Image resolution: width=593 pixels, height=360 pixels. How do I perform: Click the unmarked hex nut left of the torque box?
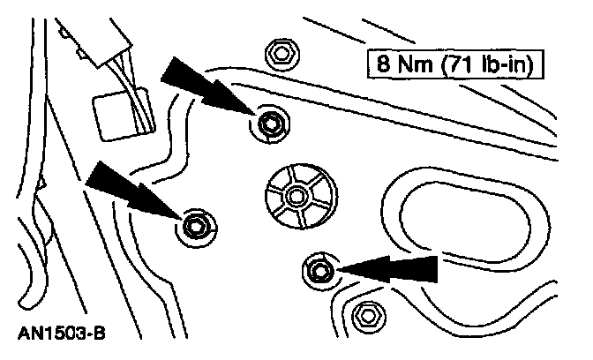pyautogui.click(x=281, y=54)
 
